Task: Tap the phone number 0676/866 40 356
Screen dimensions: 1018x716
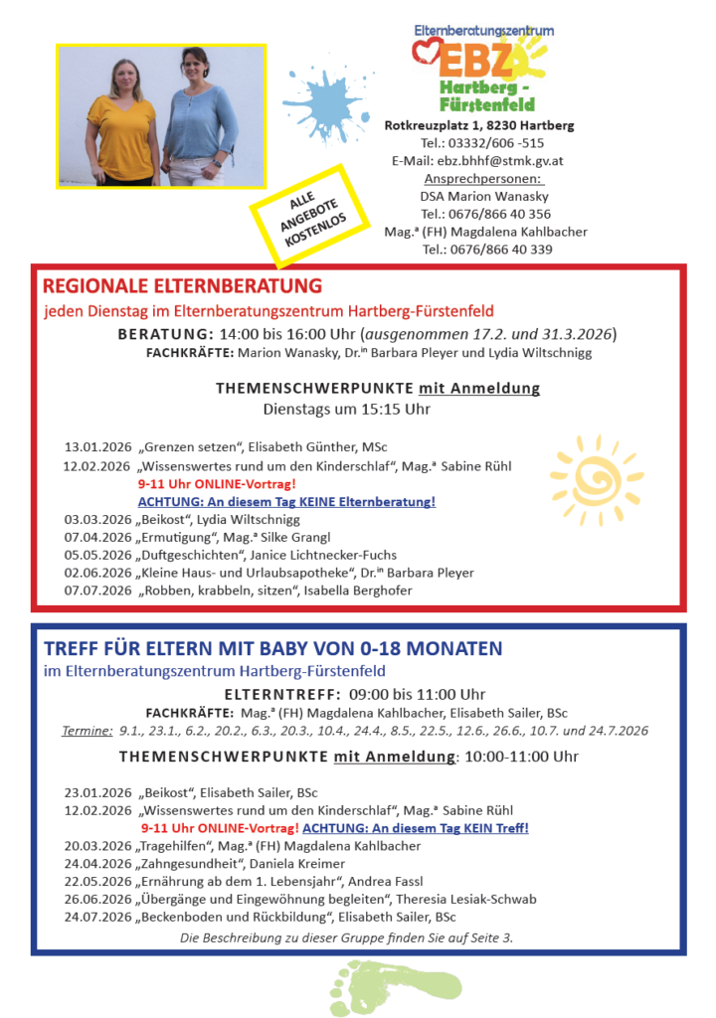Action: pos(485,214)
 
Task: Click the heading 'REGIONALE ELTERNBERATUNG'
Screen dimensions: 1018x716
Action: pos(183,286)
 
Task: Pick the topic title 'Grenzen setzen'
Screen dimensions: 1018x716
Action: pos(188,447)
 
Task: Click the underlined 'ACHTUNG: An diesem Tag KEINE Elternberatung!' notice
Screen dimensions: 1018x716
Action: pos(286,501)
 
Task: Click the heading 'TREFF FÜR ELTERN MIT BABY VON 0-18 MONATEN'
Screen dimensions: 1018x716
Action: pos(273,649)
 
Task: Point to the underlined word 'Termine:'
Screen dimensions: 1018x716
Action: pos(87,731)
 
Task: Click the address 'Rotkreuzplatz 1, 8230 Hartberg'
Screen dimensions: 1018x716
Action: pos(479,125)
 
